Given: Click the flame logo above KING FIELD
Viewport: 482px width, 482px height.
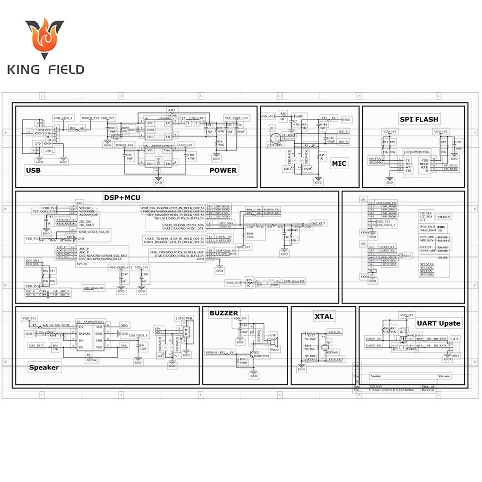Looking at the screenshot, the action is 45,39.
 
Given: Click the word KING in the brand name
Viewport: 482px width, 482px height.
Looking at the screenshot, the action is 26,69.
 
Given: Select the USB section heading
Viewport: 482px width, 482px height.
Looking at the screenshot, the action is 33,170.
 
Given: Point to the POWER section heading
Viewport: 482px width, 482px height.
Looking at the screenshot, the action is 222,170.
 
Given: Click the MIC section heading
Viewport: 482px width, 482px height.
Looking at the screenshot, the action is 339,163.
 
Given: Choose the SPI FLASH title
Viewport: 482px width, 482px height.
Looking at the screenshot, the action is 419,119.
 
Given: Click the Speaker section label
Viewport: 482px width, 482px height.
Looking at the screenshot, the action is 44,367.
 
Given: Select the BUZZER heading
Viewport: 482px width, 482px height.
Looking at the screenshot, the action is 224,313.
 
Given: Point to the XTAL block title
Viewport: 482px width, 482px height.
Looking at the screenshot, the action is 324,316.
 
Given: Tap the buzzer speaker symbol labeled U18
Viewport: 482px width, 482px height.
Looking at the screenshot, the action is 274,342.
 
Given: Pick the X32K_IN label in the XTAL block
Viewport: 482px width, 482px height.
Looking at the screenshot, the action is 335,332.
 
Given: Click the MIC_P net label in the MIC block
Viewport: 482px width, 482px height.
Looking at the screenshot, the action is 343,132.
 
